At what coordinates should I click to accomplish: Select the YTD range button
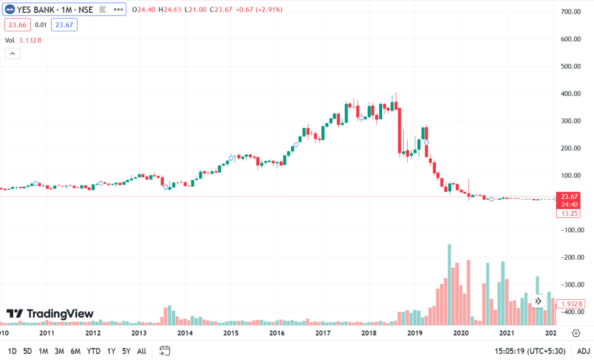coord(93,351)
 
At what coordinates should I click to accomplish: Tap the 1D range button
coord(12,351)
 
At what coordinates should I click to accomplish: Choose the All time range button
coord(142,351)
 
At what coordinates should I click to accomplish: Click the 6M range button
coord(75,351)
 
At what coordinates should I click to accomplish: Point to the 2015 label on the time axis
coord(231,333)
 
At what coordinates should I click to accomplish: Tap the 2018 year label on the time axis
coord(369,333)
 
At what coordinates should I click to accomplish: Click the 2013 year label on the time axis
coord(139,333)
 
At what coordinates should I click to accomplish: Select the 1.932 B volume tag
coord(571,304)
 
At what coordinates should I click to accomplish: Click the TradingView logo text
coord(50,314)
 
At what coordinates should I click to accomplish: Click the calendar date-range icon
coord(165,351)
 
